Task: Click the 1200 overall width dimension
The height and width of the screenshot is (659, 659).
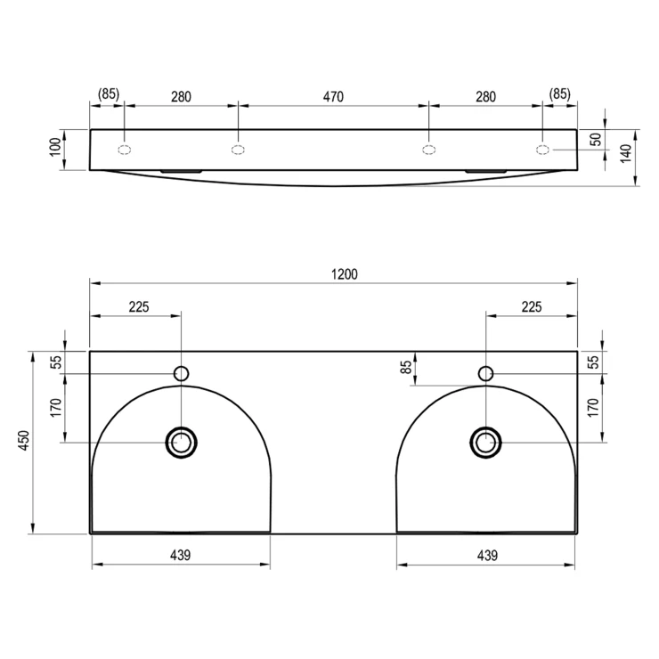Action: pyautogui.click(x=345, y=274)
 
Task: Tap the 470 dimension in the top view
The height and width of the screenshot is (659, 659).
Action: pyautogui.click(x=333, y=97)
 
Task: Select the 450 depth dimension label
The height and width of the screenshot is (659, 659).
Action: pyautogui.click(x=24, y=440)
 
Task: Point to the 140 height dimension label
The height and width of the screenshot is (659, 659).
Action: pyautogui.click(x=626, y=153)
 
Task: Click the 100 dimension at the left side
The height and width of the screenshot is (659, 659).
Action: pyautogui.click(x=55, y=147)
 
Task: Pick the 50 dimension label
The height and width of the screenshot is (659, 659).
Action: pyautogui.click(x=596, y=139)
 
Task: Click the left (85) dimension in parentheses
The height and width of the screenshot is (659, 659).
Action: pyautogui.click(x=109, y=94)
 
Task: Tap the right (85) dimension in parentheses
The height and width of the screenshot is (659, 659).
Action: pyautogui.click(x=560, y=94)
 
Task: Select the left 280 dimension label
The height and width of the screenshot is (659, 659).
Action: pyautogui.click(x=181, y=97)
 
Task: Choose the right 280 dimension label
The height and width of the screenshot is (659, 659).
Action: pyautogui.click(x=485, y=97)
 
